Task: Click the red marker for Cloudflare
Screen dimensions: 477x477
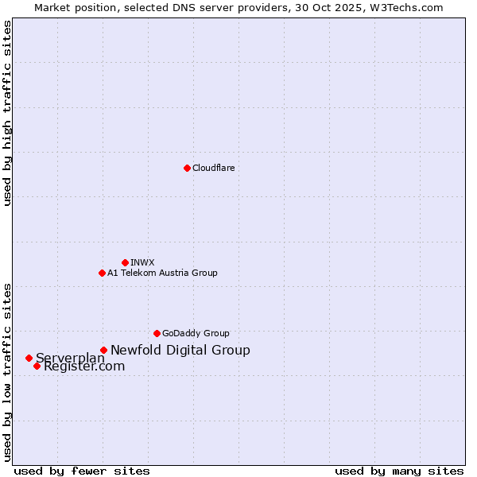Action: [x=187, y=168]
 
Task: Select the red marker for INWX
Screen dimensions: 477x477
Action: [x=125, y=262]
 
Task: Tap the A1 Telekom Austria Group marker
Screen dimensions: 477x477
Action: [x=102, y=273]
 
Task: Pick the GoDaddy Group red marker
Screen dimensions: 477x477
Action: [x=157, y=333]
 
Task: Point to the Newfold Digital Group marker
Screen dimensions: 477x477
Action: [x=103, y=350]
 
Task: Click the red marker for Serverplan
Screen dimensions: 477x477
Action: [x=29, y=358]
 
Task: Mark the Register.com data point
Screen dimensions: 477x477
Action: [x=37, y=366]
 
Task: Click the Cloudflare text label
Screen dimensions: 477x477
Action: [x=213, y=168]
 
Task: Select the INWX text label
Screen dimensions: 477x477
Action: [x=142, y=262]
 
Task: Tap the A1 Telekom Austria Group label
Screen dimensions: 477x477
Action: [x=162, y=273]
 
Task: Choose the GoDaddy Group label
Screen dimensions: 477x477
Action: [x=196, y=333]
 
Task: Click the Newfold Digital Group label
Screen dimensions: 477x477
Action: [x=180, y=350]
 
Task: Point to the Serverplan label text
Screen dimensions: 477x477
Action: [x=70, y=358]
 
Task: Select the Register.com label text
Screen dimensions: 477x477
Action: [x=84, y=366]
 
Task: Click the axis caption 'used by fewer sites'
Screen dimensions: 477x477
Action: [x=82, y=471]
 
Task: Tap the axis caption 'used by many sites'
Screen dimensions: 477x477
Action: [x=399, y=471]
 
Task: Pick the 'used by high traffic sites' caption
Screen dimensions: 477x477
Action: [x=7, y=113]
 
